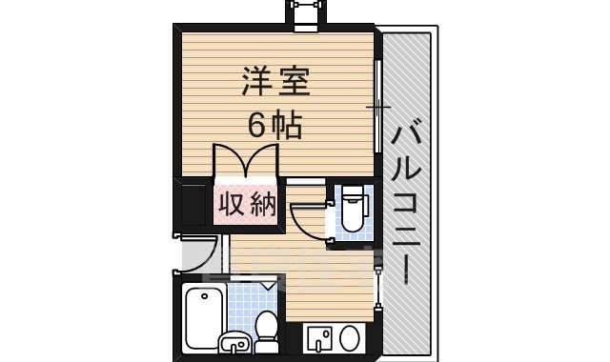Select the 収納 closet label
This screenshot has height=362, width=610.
(247, 203)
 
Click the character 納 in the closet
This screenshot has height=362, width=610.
(263, 203)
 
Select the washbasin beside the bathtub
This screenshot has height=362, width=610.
(234, 340)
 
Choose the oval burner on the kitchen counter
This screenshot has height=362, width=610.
(350, 337)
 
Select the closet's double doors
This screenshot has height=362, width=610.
(246, 162)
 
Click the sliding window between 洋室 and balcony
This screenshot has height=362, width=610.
(377, 105)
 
